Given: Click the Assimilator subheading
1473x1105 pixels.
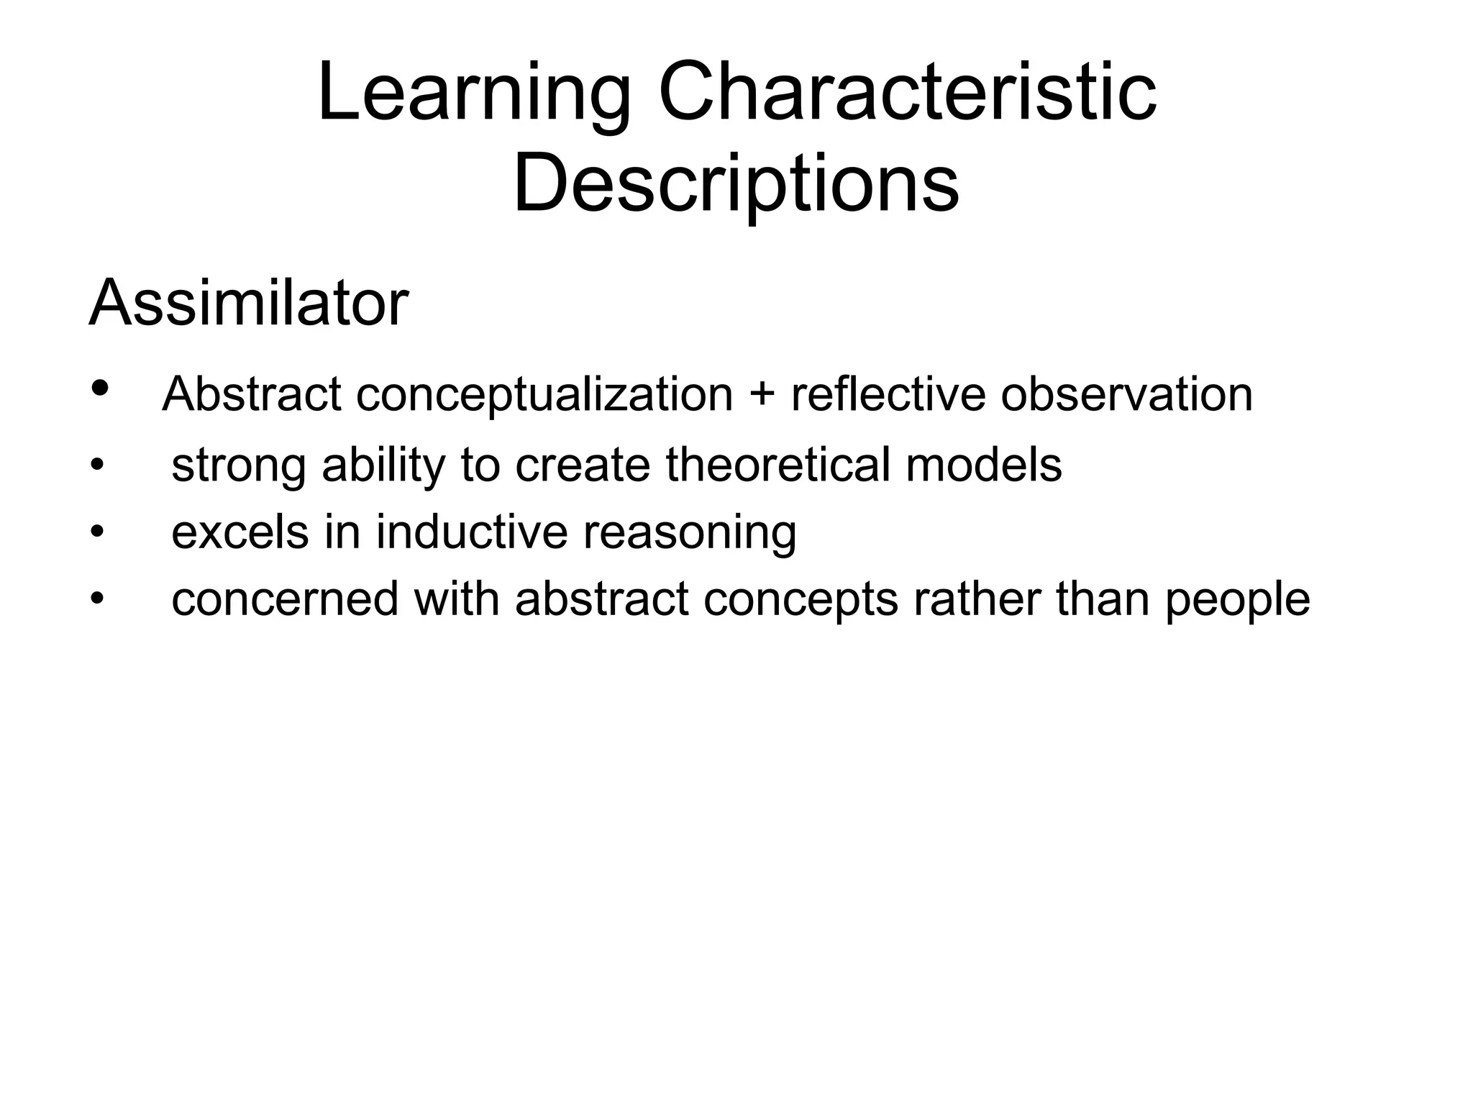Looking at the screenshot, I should [249, 303].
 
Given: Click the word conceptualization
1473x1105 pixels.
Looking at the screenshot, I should [544, 396].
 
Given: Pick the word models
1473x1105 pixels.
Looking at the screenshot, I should [983, 464].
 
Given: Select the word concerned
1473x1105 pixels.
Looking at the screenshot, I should [285, 599].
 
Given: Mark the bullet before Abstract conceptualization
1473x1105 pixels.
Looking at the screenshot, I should [100, 388].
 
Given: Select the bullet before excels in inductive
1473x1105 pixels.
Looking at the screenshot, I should [97, 533].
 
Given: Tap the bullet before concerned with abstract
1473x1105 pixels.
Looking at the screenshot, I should [97, 600].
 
